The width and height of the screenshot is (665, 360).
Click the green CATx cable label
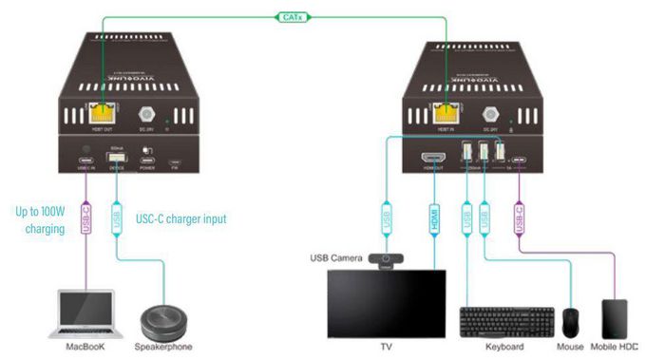288,17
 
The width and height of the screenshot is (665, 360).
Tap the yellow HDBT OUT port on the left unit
98,111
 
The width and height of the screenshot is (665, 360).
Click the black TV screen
385,303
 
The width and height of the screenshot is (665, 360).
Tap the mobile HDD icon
616,317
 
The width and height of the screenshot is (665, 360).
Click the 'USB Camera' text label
336,258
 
